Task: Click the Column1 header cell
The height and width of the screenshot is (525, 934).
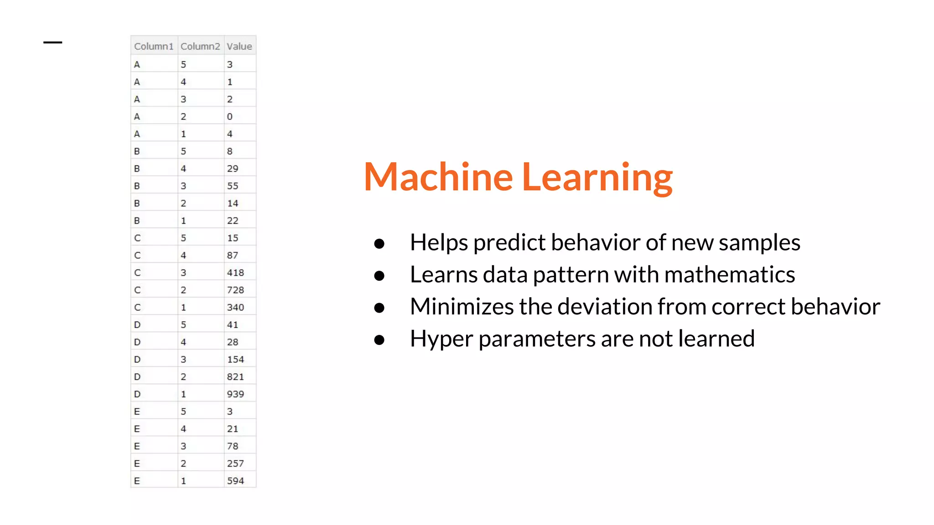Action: point(154,46)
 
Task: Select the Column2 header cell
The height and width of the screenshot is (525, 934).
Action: point(200,46)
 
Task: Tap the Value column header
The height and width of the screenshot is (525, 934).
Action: point(239,46)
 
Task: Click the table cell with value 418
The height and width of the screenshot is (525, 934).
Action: point(235,273)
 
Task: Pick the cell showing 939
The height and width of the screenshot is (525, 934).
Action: point(235,394)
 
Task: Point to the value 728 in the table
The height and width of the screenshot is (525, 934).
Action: point(235,290)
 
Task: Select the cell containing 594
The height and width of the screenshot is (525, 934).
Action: point(235,480)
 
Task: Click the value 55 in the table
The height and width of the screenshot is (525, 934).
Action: point(233,186)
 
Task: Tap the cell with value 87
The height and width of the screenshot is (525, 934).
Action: point(233,255)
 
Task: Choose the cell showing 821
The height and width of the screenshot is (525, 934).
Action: point(235,376)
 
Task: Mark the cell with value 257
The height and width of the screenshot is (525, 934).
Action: point(235,463)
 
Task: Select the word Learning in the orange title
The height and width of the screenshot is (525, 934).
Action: point(597,178)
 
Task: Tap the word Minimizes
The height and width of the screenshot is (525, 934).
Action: point(462,306)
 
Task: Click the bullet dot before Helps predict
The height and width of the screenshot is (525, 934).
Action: point(379,243)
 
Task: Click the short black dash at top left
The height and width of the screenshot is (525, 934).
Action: point(53,42)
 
